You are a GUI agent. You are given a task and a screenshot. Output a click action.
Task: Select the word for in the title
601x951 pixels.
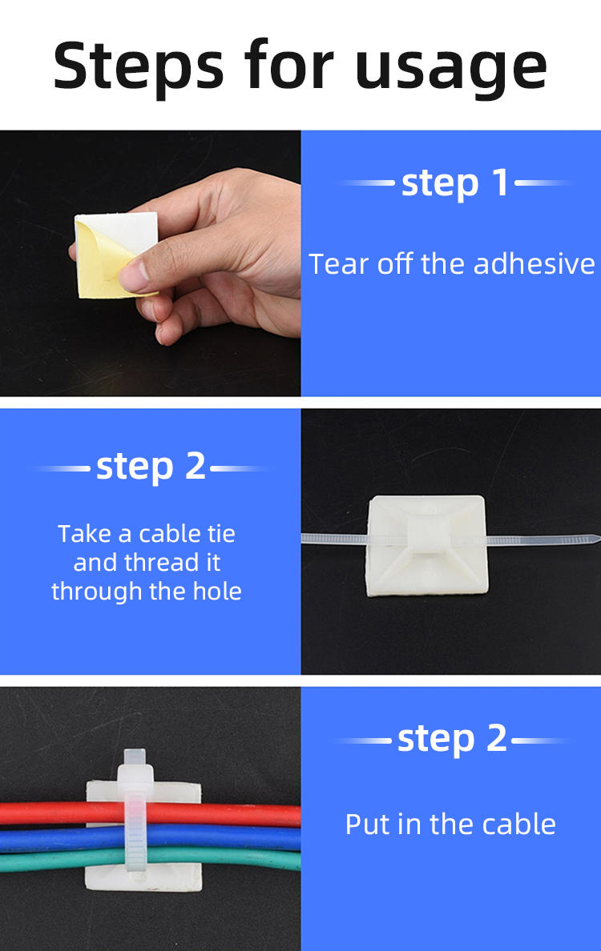tap(289, 63)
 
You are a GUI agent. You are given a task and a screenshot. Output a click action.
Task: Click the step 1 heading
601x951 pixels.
tap(455, 182)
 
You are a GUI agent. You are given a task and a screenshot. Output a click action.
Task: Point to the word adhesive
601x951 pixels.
tap(534, 264)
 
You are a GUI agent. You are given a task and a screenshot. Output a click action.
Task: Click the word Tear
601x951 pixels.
tap(339, 264)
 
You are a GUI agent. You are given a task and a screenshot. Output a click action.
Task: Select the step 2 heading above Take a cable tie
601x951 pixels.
tap(151, 467)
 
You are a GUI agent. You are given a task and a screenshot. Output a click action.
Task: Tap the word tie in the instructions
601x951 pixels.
tap(222, 534)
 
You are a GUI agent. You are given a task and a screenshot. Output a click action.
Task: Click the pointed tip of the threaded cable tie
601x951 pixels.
tap(598, 539)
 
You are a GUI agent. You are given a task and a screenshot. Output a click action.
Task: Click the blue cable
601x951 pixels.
tap(151, 840)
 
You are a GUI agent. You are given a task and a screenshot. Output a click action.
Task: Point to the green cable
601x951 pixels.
tap(151, 860)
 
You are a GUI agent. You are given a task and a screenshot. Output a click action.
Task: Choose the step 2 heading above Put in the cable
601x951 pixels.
tap(452, 739)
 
